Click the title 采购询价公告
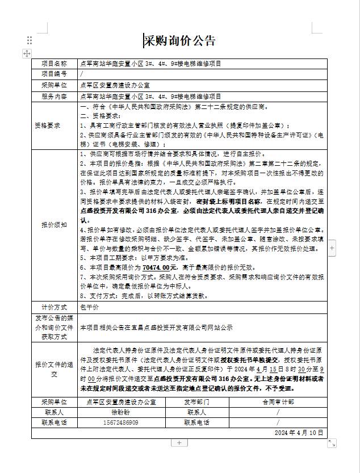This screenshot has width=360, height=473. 179,40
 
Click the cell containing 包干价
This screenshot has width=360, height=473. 90,307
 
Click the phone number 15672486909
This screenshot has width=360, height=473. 120,422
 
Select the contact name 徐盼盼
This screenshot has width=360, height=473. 120,412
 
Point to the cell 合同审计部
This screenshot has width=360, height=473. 278,402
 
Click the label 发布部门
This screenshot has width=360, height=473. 196,402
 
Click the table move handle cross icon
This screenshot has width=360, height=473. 27,53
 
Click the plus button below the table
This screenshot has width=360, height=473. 179,442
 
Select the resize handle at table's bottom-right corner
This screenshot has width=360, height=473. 332,442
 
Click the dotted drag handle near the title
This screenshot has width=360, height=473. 30,40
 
